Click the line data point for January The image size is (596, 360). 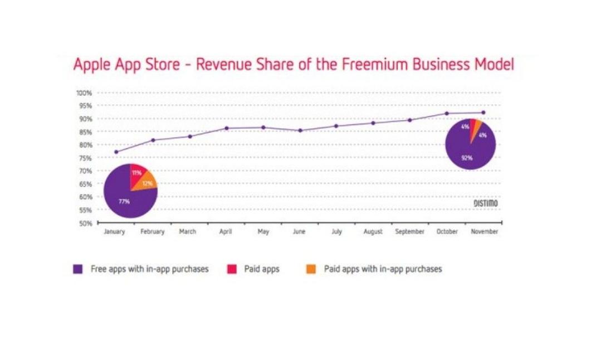point(116,152)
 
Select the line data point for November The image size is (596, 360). point(483,113)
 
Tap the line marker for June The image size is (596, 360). point(300,130)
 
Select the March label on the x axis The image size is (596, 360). point(188,232)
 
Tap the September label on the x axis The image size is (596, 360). point(409,232)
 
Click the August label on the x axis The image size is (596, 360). point(373,232)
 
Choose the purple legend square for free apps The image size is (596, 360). point(78,269)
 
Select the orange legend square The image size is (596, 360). point(311,269)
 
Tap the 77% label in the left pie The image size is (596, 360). point(124,201)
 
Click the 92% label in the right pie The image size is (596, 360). point(467,158)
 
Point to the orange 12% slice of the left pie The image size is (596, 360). point(146,182)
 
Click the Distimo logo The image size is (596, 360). point(485,203)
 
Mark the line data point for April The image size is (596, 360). point(226,128)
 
